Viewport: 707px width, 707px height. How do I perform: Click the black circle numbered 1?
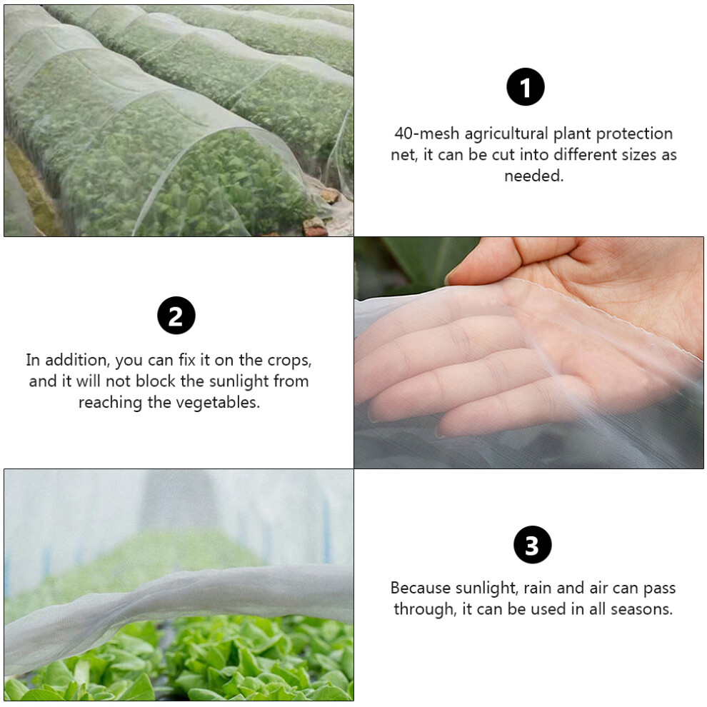click(x=526, y=86)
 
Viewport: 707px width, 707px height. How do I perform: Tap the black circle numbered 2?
click(x=176, y=315)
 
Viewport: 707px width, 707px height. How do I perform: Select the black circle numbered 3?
click(x=533, y=544)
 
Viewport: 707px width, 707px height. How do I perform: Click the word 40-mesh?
click(x=426, y=134)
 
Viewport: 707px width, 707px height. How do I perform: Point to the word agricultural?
click(x=506, y=134)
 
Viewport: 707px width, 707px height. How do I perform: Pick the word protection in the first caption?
click(x=634, y=134)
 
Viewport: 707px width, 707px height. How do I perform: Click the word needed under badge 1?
click(x=534, y=176)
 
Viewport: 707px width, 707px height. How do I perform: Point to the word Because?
click(x=420, y=588)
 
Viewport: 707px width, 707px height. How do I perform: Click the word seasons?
click(x=641, y=609)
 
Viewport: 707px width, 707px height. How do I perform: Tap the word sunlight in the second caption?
click(x=239, y=381)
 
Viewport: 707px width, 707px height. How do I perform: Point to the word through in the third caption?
click(x=425, y=610)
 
